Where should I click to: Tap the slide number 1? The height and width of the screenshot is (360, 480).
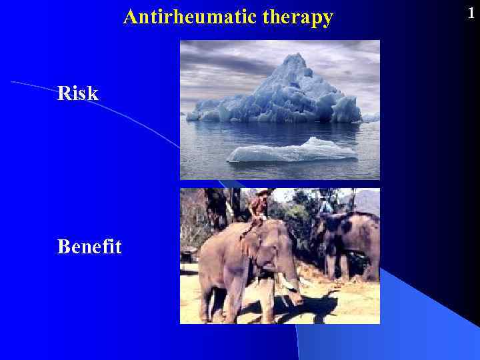click(x=471, y=13)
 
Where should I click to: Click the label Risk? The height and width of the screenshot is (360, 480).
click(x=77, y=94)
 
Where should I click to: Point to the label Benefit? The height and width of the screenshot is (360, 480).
click(x=89, y=247)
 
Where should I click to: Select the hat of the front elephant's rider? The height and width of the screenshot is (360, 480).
click(x=263, y=192)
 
